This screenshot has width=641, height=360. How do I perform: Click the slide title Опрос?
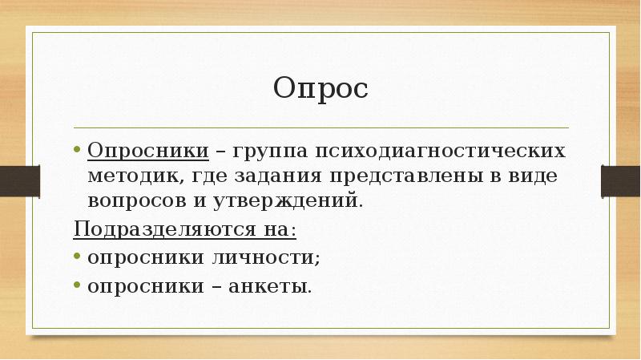point(320,87)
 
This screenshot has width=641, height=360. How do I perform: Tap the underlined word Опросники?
point(148,152)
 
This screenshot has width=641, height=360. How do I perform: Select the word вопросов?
point(134,200)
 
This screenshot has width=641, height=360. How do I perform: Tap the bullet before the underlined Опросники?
point(77,152)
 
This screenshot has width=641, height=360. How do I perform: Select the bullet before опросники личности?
point(77,258)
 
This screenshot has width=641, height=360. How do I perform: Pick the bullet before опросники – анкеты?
point(77,285)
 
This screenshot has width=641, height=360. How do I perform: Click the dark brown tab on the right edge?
point(622,174)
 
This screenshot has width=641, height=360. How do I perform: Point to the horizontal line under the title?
point(320,127)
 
